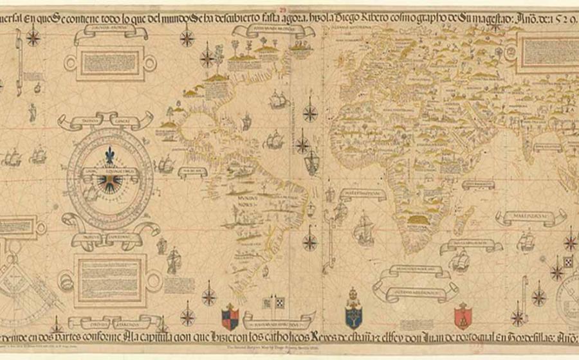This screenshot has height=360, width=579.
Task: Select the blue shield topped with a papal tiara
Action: pyautogui.click(x=353, y=314)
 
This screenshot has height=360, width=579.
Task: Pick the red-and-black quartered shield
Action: pyautogui.click(x=230, y=316)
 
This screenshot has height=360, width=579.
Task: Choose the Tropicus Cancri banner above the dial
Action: pyautogui.click(x=106, y=120)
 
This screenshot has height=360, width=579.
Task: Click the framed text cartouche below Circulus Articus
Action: pyautogui.click(x=116, y=62)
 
